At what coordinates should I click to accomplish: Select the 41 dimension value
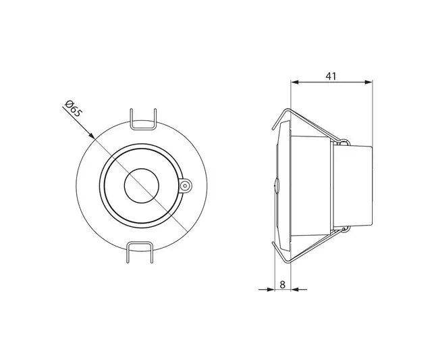[x=331, y=76]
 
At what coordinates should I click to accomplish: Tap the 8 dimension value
[x=282, y=284]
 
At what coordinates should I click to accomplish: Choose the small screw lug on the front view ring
[x=186, y=184]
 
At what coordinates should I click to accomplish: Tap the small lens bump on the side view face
[x=275, y=184]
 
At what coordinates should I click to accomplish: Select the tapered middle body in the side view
[x=310, y=184]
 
